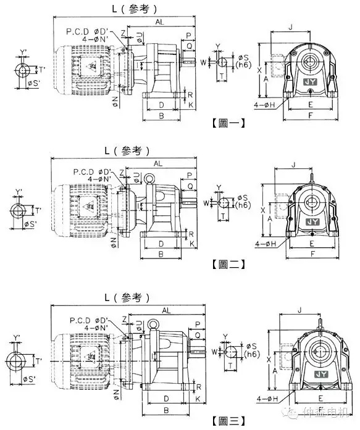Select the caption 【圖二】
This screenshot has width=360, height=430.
coord(228,264)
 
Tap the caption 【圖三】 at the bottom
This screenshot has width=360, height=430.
coord(228,421)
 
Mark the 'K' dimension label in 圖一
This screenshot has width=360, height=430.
coord(192,105)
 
